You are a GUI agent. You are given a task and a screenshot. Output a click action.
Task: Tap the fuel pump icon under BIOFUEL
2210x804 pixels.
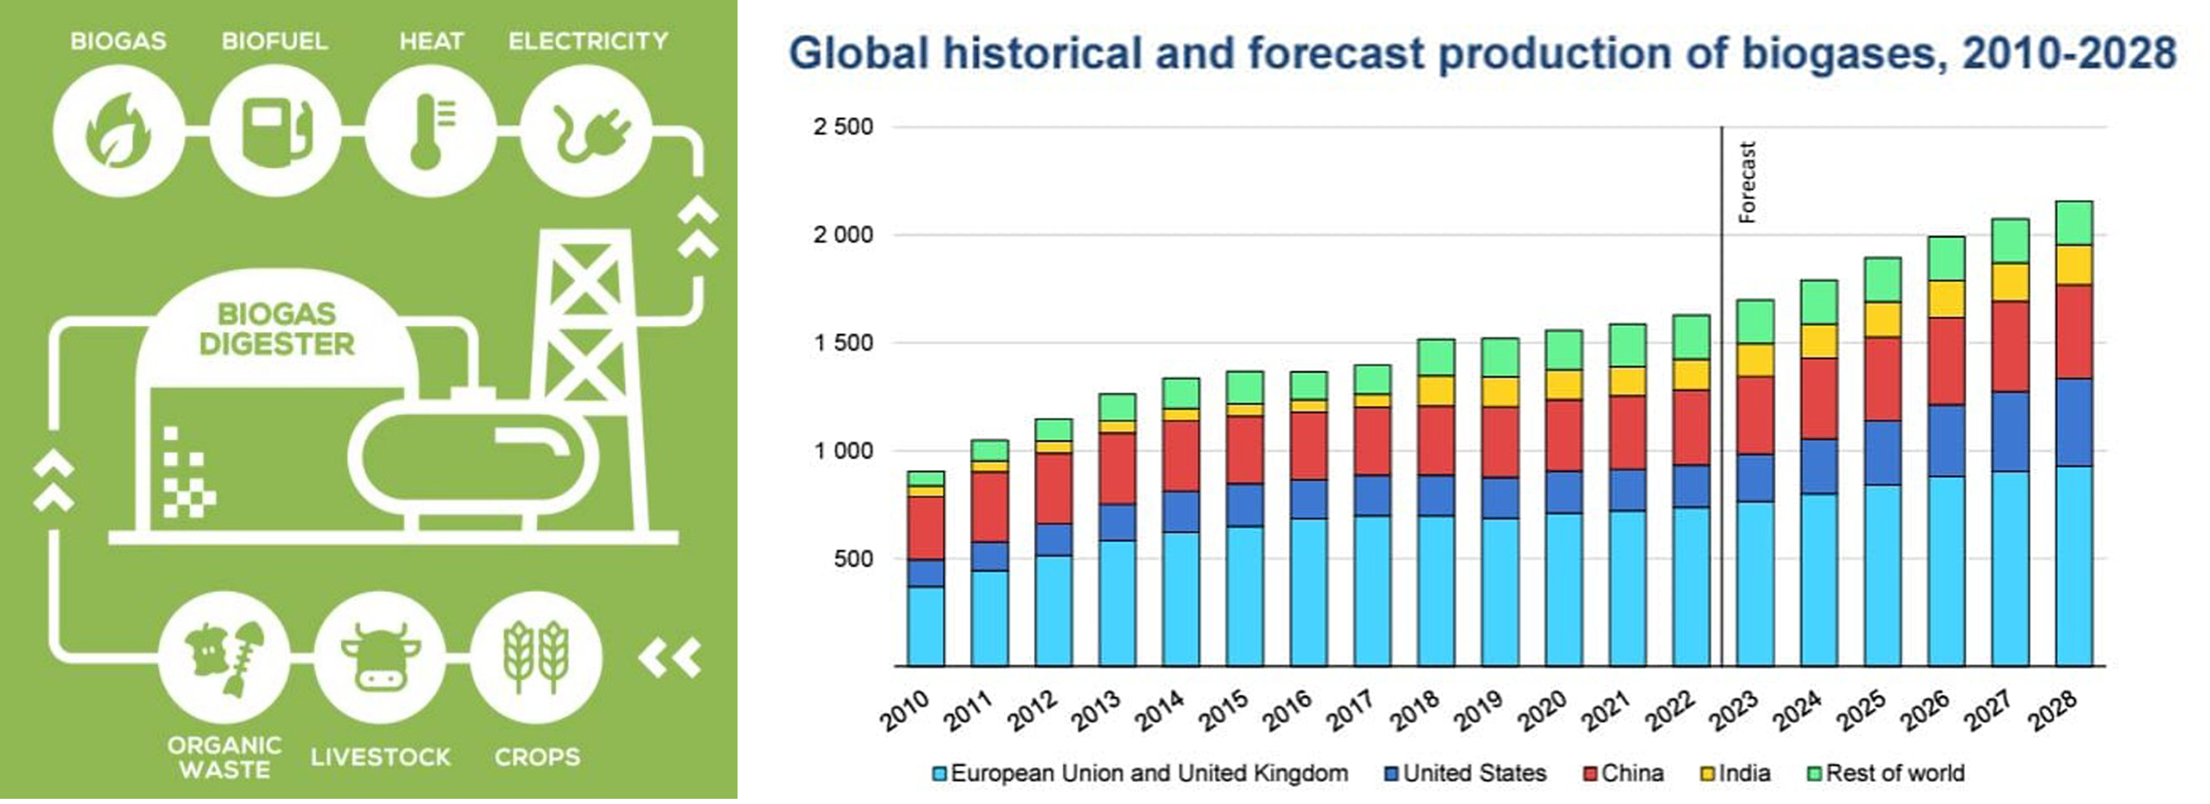point(275,131)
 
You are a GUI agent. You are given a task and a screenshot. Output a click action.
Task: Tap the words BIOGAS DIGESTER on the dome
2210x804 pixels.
point(276,329)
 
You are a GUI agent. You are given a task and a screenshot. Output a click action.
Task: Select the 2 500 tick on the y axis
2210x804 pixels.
point(843,127)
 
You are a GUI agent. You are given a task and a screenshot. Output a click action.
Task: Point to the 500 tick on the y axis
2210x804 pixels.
point(854,559)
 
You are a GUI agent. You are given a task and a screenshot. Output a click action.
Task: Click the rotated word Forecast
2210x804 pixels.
point(1747,182)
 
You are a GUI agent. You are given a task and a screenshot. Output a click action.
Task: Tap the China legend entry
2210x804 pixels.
point(1623,773)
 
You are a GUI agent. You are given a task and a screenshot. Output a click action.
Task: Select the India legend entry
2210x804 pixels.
point(1736,773)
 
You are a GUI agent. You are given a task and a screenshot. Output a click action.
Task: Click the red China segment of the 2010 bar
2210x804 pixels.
point(925,528)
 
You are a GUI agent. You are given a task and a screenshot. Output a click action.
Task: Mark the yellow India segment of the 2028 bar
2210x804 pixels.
point(2074,265)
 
